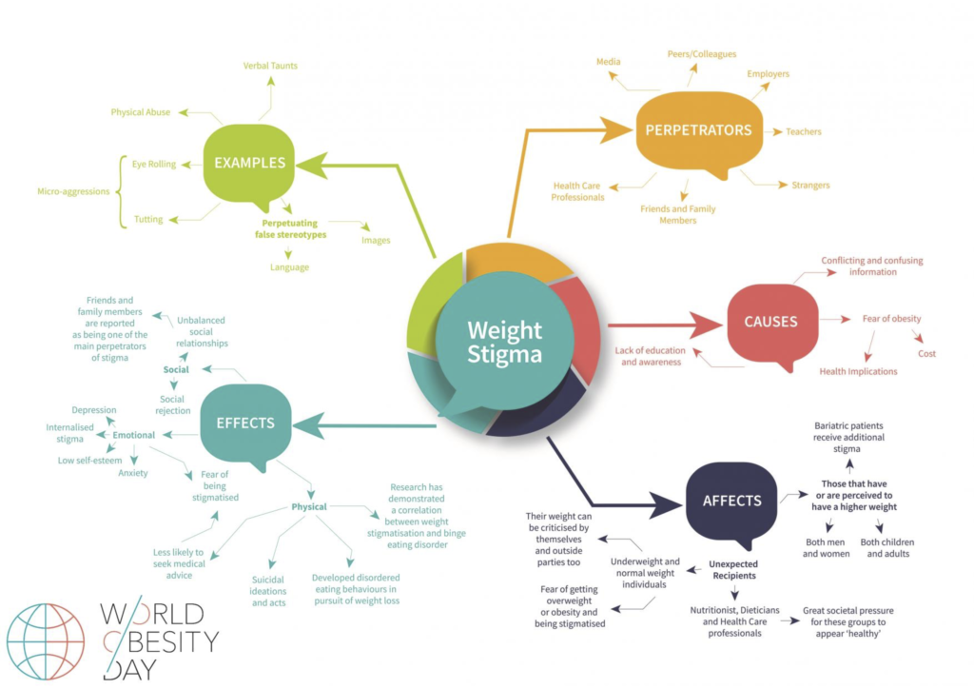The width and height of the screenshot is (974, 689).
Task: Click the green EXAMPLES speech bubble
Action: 249,164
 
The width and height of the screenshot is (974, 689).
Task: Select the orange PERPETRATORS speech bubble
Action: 698,131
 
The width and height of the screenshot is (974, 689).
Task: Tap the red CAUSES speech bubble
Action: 770,322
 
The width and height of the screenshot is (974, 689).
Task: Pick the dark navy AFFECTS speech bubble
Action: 731,501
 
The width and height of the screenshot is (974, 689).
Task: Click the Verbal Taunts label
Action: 270,66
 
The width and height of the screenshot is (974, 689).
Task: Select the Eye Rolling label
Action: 154,164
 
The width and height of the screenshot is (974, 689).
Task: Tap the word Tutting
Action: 148,220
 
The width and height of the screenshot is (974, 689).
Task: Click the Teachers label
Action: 803,132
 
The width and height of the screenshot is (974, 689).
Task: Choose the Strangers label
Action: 810,185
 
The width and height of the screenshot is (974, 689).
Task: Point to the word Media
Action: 609,62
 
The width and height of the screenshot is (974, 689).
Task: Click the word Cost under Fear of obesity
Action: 926,353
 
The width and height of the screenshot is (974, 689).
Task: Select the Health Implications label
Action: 858,371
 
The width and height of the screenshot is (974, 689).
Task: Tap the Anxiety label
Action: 133,473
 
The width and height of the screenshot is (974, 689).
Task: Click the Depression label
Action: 94,410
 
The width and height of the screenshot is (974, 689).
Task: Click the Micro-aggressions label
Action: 72,191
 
